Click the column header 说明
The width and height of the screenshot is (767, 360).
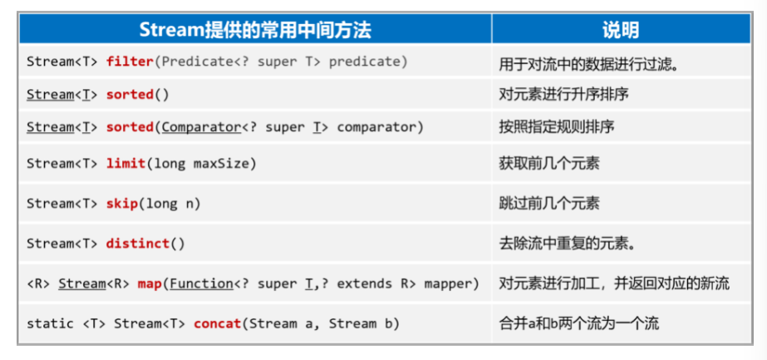pyautogui.click(x=621, y=30)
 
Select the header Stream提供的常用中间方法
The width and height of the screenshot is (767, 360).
pyautogui.click(x=255, y=30)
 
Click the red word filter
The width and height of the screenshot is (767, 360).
pyautogui.click(x=130, y=62)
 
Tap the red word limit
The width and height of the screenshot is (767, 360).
pyautogui.click(x=125, y=163)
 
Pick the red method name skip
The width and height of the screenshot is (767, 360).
pyautogui.click(x=122, y=204)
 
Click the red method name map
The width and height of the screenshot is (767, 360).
pyautogui.click(x=150, y=284)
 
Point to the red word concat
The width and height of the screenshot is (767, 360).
pyautogui.click(x=218, y=323)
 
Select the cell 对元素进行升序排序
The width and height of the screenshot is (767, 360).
pyautogui.click(x=563, y=95)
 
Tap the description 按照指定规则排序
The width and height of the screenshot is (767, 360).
pyautogui.click(x=556, y=127)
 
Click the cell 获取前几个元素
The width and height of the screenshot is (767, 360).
pyautogui.click(x=548, y=163)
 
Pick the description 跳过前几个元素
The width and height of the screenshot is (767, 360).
pyautogui.click(x=548, y=204)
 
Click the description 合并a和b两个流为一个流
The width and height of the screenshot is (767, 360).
pyautogui.click(x=578, y=323)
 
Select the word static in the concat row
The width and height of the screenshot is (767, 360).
pyautogui.click(x=50, y=323)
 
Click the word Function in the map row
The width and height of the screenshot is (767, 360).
pyautogui.click(x=201, y=284)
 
